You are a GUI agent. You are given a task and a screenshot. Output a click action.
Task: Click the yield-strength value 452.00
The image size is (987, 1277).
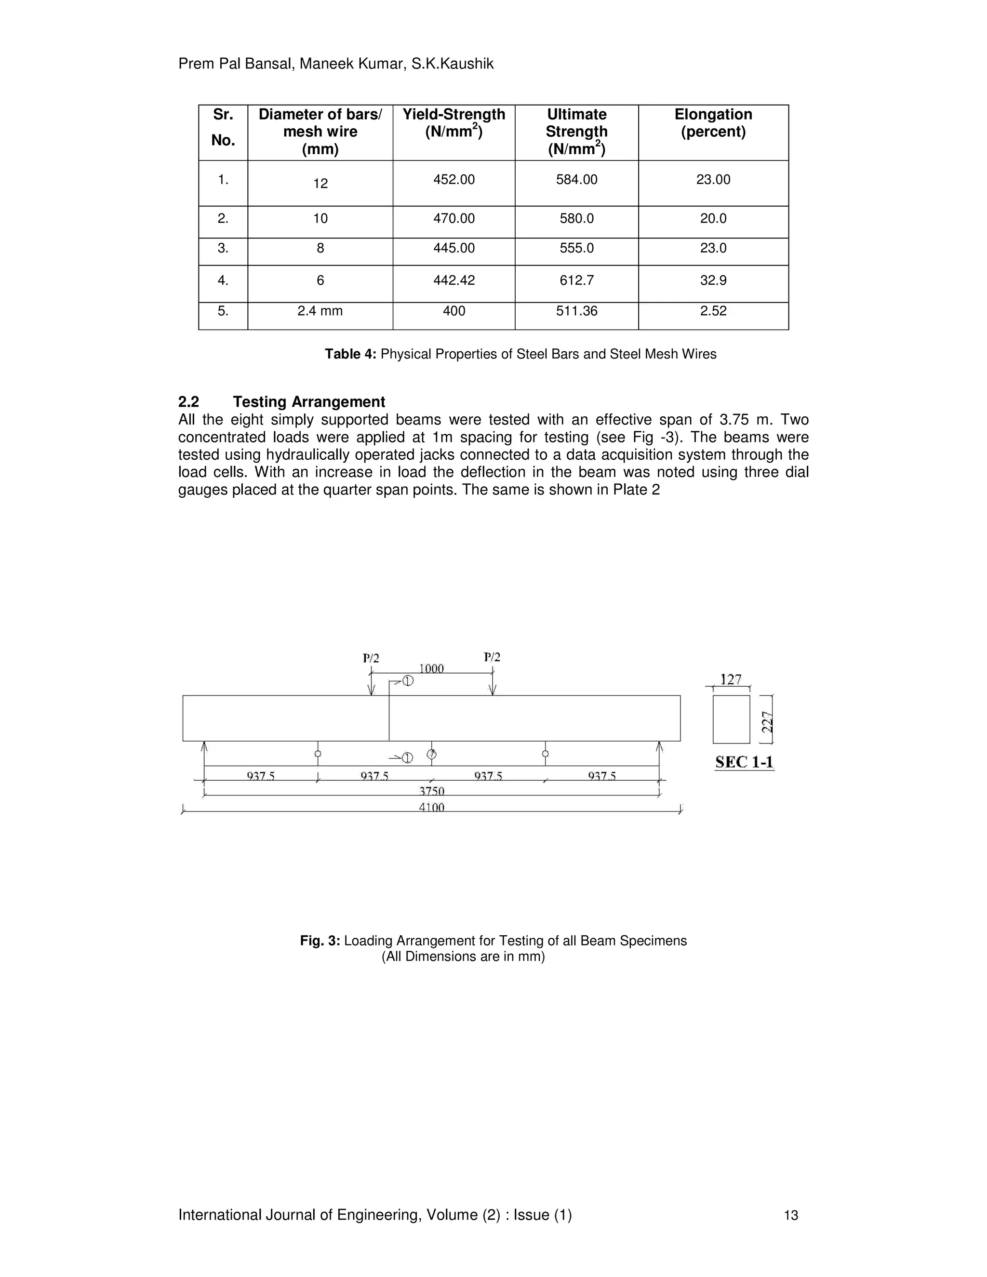point(453,180)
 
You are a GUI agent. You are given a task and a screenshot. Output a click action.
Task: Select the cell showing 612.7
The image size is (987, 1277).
point(576,280)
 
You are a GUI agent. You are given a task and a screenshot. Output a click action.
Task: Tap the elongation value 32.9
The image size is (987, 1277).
point(713,280)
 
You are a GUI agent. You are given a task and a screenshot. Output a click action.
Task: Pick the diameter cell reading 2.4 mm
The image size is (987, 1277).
point(320,311)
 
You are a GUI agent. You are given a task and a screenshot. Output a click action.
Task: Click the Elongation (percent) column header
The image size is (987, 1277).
point(713,123)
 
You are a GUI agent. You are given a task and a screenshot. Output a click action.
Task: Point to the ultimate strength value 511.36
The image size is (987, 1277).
point(576,311)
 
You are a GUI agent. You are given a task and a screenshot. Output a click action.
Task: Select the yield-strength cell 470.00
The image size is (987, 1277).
point(453,219)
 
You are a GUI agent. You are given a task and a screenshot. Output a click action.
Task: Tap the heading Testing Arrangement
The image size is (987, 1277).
point(309,402)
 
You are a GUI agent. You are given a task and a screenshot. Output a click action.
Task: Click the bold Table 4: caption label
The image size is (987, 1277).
point(351,354)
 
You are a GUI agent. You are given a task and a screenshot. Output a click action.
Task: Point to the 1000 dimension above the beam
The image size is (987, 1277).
point(431,668)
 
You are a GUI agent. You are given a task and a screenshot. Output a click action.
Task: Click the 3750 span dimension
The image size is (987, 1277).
point(431,791)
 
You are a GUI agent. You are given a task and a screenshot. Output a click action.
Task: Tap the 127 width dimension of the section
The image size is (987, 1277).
point(731,679)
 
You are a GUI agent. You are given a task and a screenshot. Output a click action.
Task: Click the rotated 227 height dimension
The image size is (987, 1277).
point(768,721)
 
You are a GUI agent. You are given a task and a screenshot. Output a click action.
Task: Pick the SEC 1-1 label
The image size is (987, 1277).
point(744,762)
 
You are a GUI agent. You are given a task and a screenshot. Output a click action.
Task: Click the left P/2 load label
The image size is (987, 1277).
point(371,658)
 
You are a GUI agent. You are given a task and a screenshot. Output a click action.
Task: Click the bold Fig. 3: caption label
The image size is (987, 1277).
point(320,941)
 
